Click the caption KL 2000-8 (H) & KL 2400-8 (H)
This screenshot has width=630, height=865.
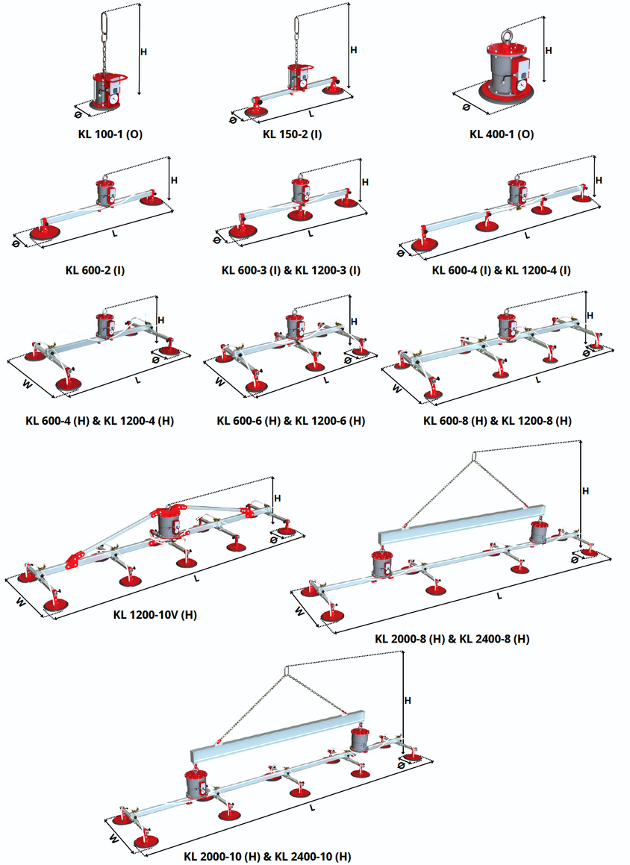coord(452,639)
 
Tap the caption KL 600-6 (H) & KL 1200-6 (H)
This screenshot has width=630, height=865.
coord(291,421)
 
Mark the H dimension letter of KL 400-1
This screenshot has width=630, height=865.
coord(549,51)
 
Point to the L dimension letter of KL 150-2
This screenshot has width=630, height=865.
coord(311,114)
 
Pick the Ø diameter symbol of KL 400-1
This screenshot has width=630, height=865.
coord(466,107)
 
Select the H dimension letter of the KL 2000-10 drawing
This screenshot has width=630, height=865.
coord(408,701)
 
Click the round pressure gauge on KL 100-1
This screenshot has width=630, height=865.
coord(112,96)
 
